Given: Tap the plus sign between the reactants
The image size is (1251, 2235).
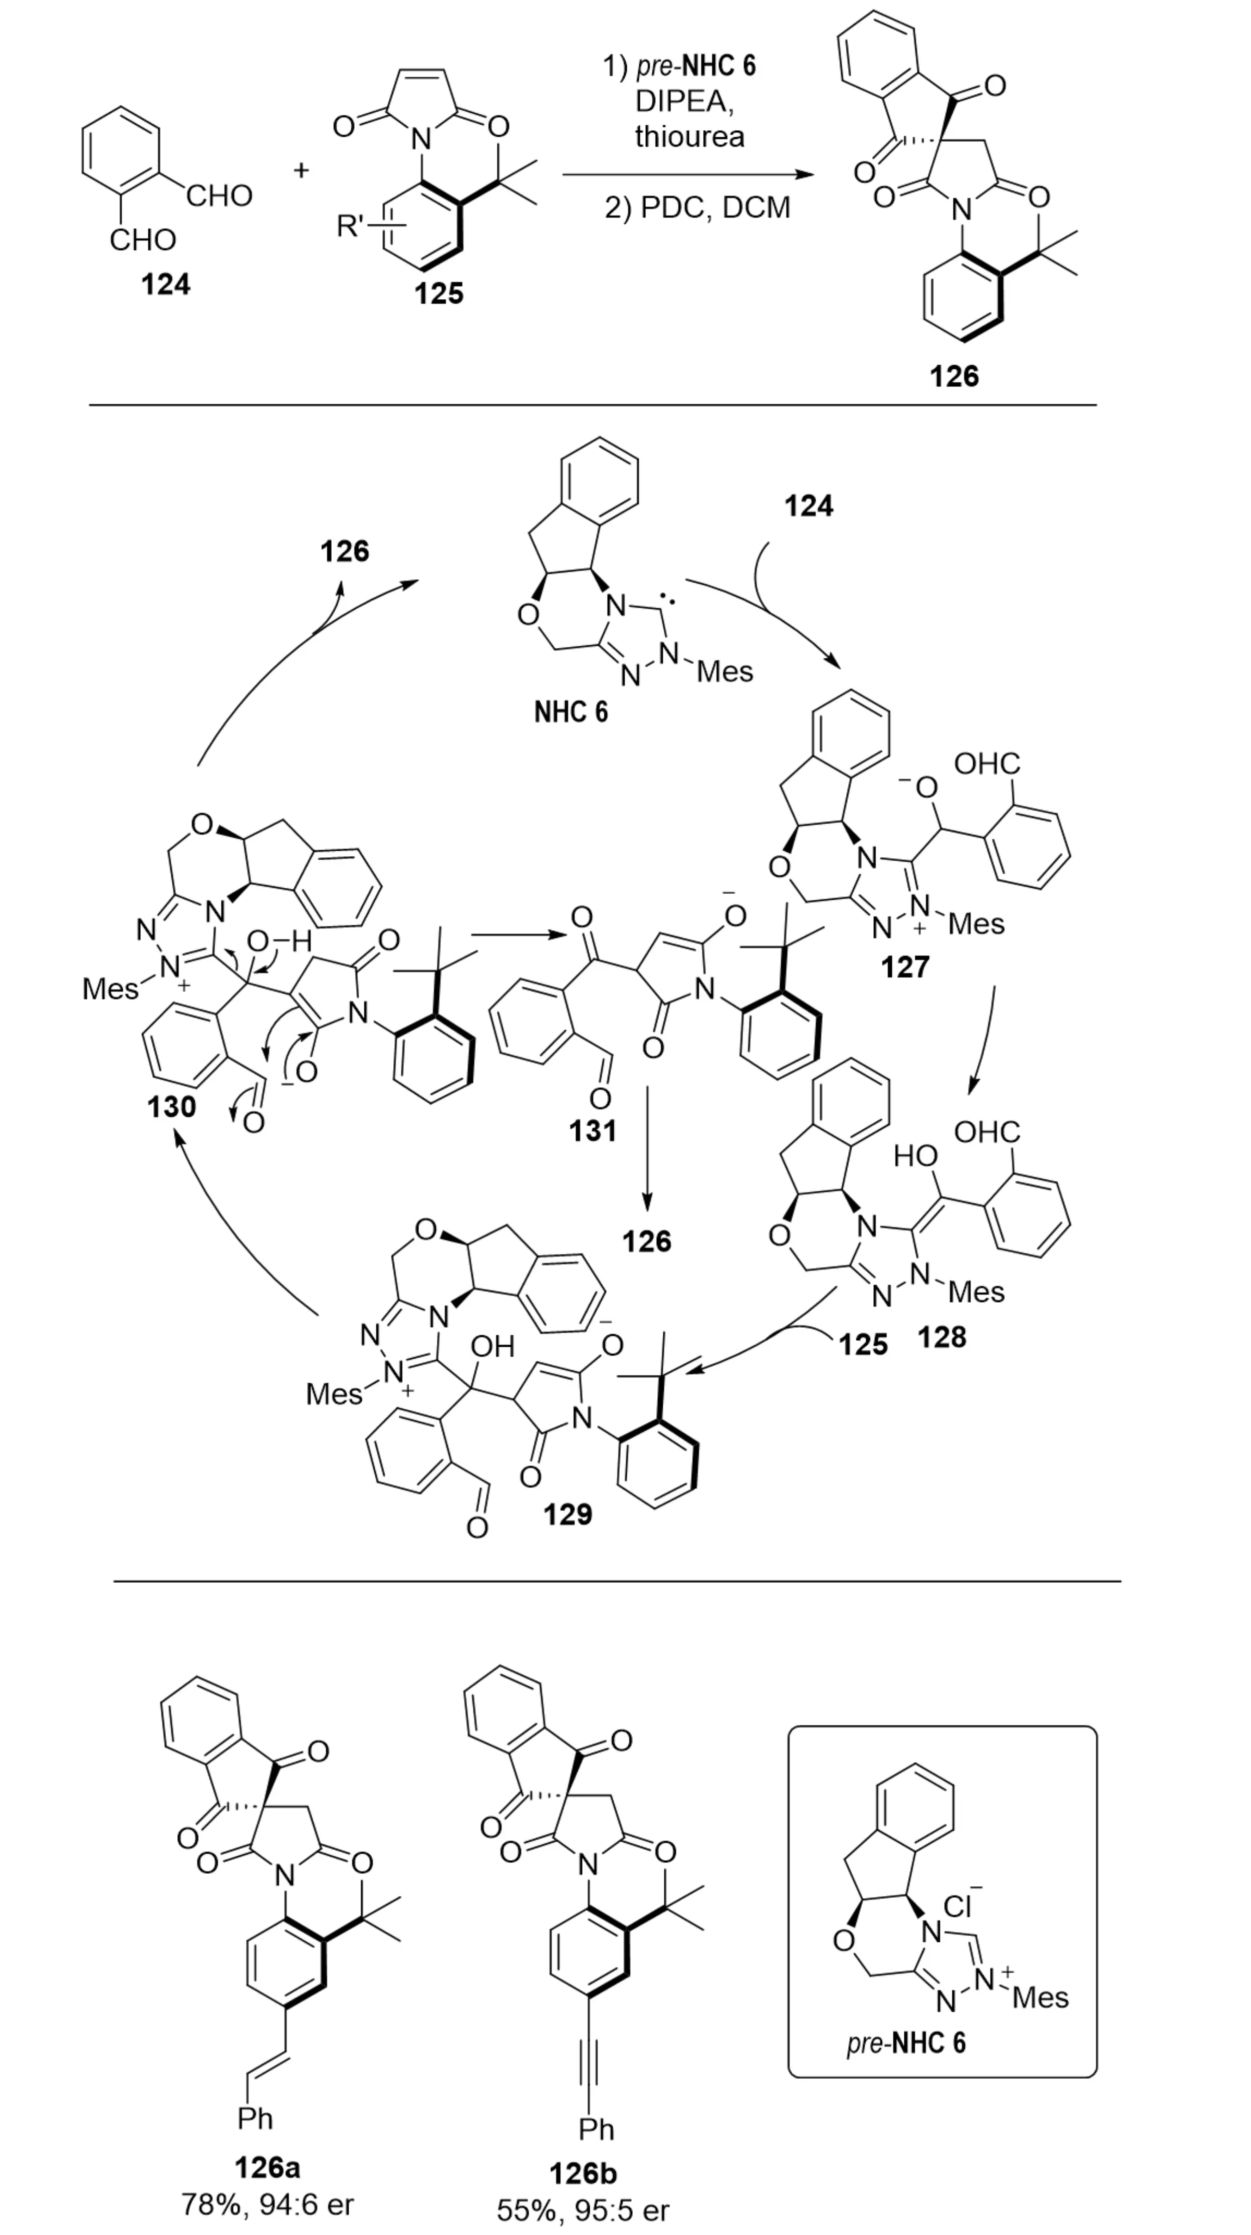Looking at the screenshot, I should point(301,169).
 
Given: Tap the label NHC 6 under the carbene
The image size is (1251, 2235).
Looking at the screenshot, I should point(571,712).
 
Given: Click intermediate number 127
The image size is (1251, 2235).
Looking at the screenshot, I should point(905,965).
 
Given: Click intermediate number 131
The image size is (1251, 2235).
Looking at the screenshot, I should point(593,1130).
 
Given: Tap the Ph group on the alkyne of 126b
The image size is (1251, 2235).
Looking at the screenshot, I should point(596,2128).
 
